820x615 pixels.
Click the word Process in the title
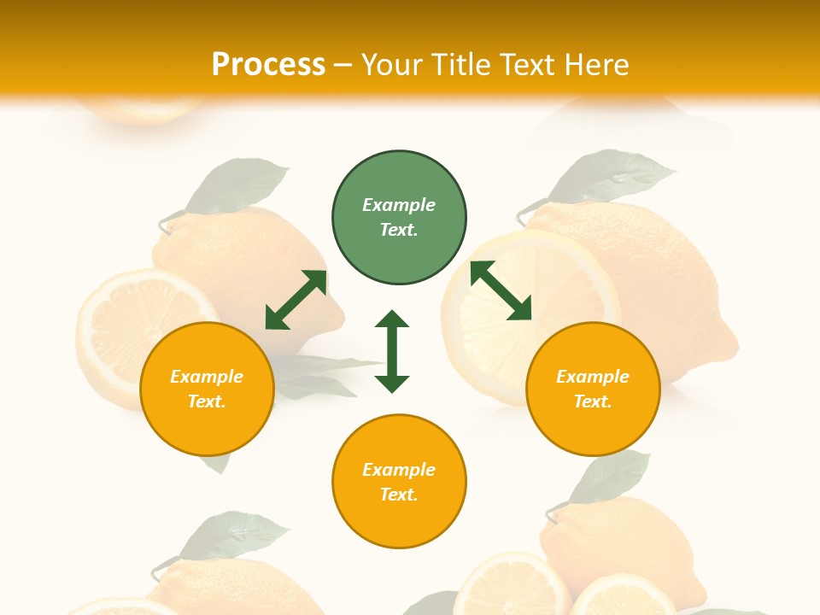click(x=268, y=65)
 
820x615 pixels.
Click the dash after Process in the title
click(x=343, y=66)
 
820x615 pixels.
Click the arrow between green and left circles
click(x=296, y=300)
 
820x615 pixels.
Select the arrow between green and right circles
click(x=501, y=290)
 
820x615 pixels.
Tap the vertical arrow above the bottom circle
click(x=392, y=351)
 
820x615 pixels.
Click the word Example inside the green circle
click(x=399, y=205)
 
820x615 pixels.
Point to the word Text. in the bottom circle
click(x=399, y=495)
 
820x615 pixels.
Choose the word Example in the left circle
click(x=207, y=377)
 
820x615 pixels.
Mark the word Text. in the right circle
click(x=593, y=401)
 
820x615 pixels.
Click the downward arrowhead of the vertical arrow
click(x=392, y=384)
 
